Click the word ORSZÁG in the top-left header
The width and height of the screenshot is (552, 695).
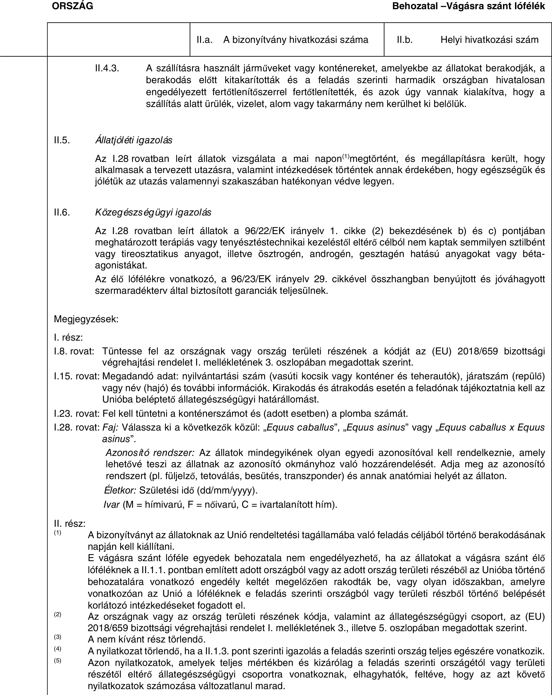point(73,6)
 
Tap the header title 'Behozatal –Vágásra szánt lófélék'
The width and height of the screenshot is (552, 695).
point(468,6)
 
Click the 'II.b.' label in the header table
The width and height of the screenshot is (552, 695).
point(404,40)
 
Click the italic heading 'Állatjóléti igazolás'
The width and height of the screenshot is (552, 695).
point(134,140)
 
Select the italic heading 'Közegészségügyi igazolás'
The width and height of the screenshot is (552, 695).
point(153,212)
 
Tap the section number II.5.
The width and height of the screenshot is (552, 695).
point(62,140)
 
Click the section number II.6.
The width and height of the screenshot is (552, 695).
point(62,212)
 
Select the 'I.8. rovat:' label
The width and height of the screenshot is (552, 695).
point(74,351)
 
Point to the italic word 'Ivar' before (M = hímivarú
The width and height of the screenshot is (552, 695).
point(111,504)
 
